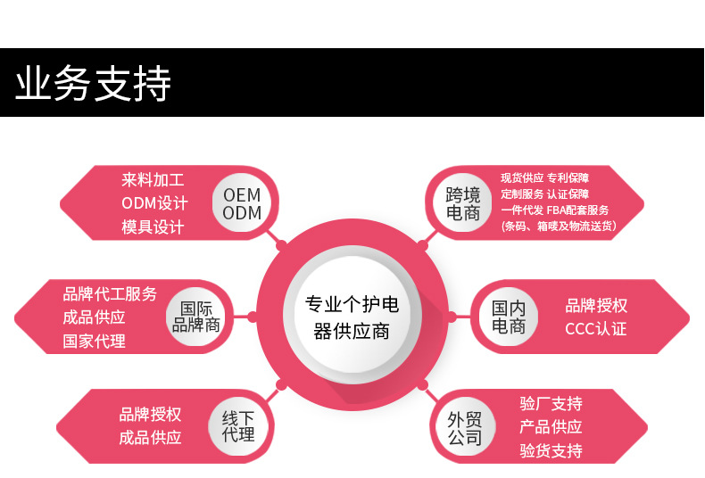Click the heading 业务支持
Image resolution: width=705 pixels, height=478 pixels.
pos(93,84)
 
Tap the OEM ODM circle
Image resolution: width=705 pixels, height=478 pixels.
pos(242,203)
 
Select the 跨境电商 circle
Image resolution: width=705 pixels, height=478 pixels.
pos(463,203)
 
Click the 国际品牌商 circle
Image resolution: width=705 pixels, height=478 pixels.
pos(195,317)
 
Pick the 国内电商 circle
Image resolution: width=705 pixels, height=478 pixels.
pos(509,317)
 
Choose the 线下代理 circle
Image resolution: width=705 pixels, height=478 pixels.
pos(238,425)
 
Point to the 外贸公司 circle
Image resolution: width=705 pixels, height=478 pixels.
pos(465,427)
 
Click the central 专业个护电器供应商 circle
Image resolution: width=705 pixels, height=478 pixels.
pos(352,317)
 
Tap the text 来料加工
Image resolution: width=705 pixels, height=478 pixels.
pos(153,180)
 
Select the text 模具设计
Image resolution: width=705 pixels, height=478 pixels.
pos(153,227)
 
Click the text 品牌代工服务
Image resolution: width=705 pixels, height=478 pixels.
pos(110,294)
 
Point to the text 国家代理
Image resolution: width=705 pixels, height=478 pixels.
pos(94,341)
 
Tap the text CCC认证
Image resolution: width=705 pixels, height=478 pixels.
pos(595,329)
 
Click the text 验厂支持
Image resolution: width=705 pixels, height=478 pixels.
pos(551,404)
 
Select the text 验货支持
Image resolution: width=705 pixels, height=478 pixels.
pos(551,450)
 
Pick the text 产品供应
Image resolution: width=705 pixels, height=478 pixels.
pos(551,427)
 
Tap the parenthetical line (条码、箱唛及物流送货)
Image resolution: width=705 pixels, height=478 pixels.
pos(558,227)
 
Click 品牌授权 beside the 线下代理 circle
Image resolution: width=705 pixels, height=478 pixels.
pos(150,415)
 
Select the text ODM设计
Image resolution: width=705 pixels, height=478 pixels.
pos(154,203)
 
